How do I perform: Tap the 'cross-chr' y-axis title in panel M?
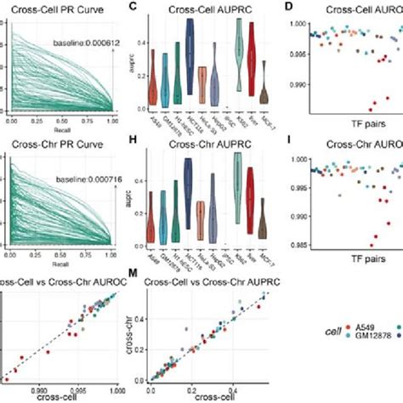[139, 335]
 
